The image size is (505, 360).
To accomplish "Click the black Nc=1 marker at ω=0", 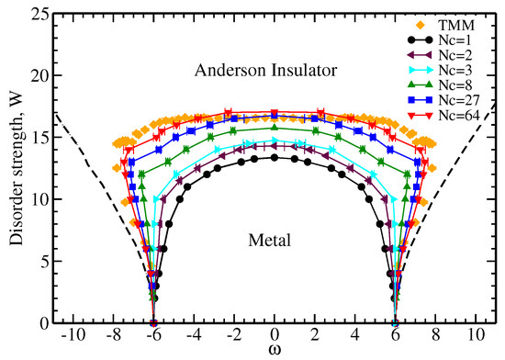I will pyautogui.click(x=274, y=157).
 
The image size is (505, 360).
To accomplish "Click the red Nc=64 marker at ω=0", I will pyautogui.click(x=274, y=114).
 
